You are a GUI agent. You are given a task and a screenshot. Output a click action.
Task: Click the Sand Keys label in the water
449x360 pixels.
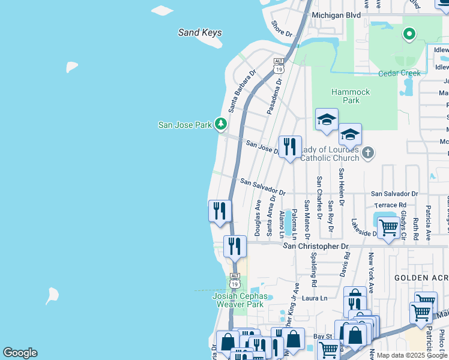[200, 33]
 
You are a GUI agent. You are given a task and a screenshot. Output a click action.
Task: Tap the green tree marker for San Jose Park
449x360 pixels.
[221, 124]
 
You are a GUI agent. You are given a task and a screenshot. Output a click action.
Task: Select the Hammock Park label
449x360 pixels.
[351, 96]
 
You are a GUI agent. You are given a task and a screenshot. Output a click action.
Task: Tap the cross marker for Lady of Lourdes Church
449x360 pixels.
[368, 153]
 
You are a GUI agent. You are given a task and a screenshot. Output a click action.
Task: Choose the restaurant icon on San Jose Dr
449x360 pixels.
[290, 146]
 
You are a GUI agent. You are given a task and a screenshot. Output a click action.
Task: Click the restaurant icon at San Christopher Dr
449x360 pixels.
[235, 245]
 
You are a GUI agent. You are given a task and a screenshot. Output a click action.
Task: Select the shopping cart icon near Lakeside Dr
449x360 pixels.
[389, 228]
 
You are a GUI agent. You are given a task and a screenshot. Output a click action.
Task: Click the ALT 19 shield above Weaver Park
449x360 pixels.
[235, 280]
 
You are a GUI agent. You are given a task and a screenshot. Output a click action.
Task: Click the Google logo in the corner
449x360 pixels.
[20, 352]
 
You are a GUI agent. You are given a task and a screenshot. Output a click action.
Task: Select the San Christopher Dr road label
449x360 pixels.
[316, 246]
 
